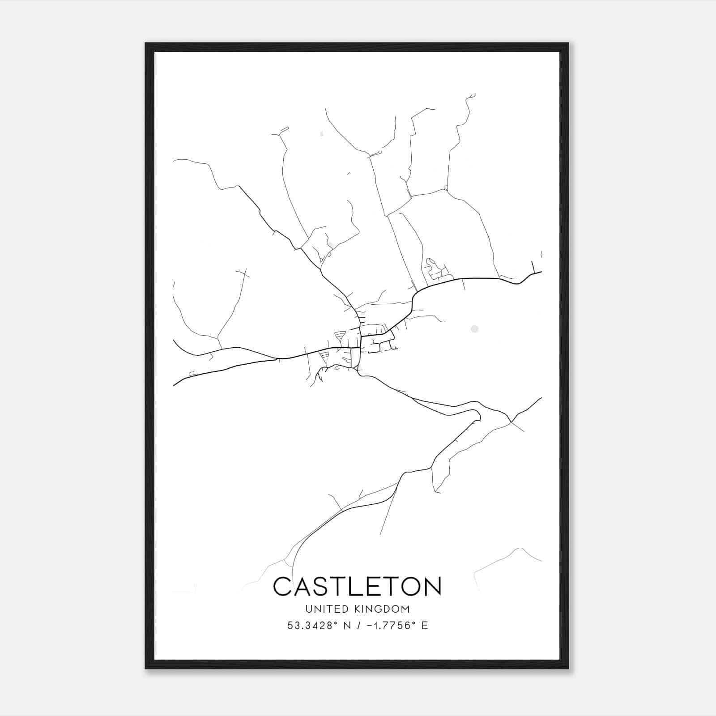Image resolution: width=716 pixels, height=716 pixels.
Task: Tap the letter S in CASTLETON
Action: pos(321,587)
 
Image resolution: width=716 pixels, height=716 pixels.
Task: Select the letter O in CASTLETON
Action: pos(409,587)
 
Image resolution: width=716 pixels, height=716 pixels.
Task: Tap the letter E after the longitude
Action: pos(425,626)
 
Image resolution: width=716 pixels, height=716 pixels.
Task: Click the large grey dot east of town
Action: pos(474,329)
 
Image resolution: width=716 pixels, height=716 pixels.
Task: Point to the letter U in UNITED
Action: pos(308,609)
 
